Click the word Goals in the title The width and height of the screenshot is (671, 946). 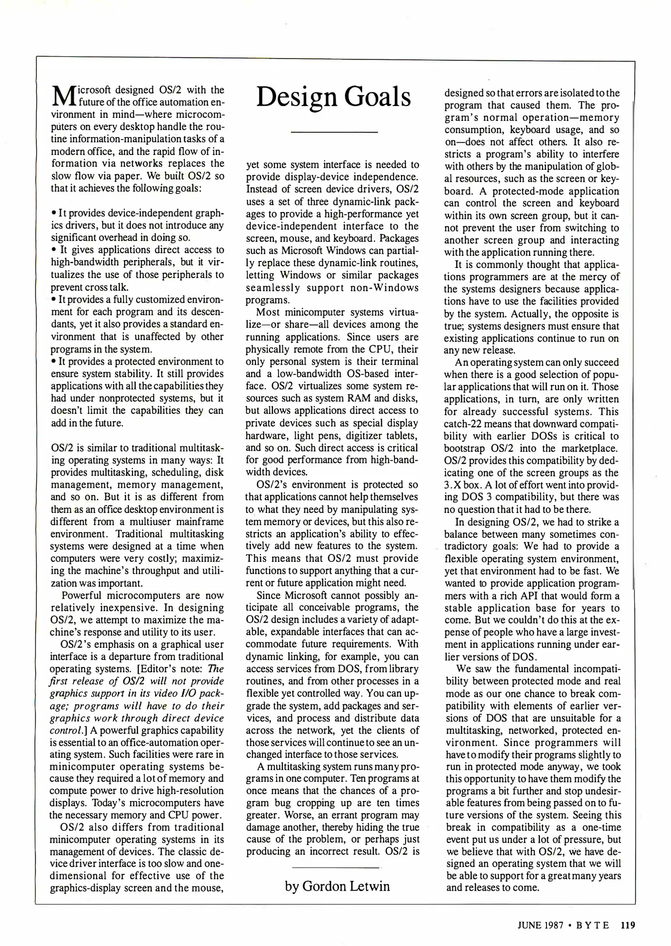378,97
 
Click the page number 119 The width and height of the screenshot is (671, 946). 628,925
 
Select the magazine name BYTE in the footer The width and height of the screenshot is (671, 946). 592,925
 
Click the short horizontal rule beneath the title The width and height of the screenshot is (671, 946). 334,132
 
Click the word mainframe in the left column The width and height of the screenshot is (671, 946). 204,522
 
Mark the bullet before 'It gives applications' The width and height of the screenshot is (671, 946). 53,250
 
